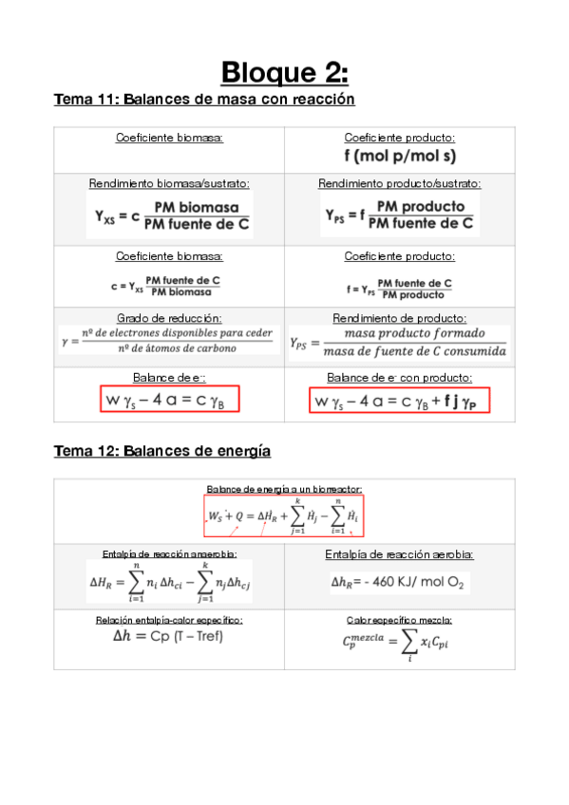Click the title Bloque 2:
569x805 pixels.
[x=284, y=72]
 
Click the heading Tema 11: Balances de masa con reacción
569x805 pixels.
[x=204, y=99]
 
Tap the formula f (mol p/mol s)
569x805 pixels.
[x=399, y=155]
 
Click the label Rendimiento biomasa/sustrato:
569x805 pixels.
[x=169, y=183]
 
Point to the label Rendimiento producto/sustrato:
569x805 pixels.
[x=399, y=183]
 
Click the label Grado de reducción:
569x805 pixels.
[x=169, y=318]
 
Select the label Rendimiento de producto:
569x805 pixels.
[x=399, y=318]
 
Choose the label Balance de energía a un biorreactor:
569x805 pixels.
[x=284, y=489]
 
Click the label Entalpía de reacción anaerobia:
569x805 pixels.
[x=169, y=554]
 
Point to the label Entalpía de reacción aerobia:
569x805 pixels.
[x=399, y=554]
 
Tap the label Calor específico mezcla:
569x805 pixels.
[x=399, y=620]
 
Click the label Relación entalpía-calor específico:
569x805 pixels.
[x=169, y=620]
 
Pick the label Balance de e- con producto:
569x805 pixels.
[x=399, y=377]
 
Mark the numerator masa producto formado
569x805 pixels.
[x=414, y=333]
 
